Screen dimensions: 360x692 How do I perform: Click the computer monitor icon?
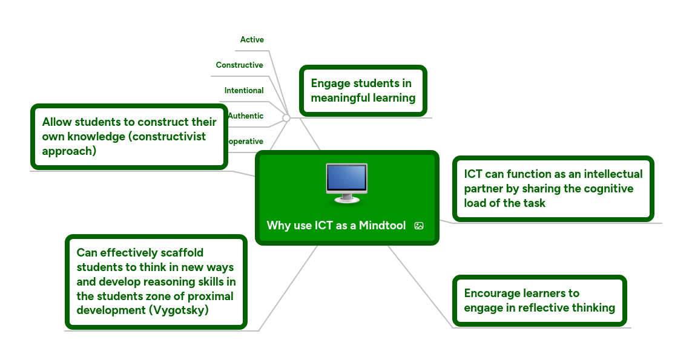[x=346, y=182]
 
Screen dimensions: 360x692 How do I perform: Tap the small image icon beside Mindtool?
[x=419, y=226]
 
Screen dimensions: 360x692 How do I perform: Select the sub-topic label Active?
[x=252, y=40]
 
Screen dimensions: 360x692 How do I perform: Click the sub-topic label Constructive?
[x=240, y=65]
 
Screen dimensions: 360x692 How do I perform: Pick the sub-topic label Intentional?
[x=244, y=91]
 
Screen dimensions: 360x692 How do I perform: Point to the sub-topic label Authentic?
[x=246, y=116]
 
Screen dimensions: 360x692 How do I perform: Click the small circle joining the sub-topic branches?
[x=286, y=118]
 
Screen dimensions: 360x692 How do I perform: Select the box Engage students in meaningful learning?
[x=363, y=91]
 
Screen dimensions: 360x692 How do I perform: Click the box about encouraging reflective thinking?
[x=539, y=301]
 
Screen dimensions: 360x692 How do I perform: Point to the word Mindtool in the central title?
[x=382, y=226]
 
